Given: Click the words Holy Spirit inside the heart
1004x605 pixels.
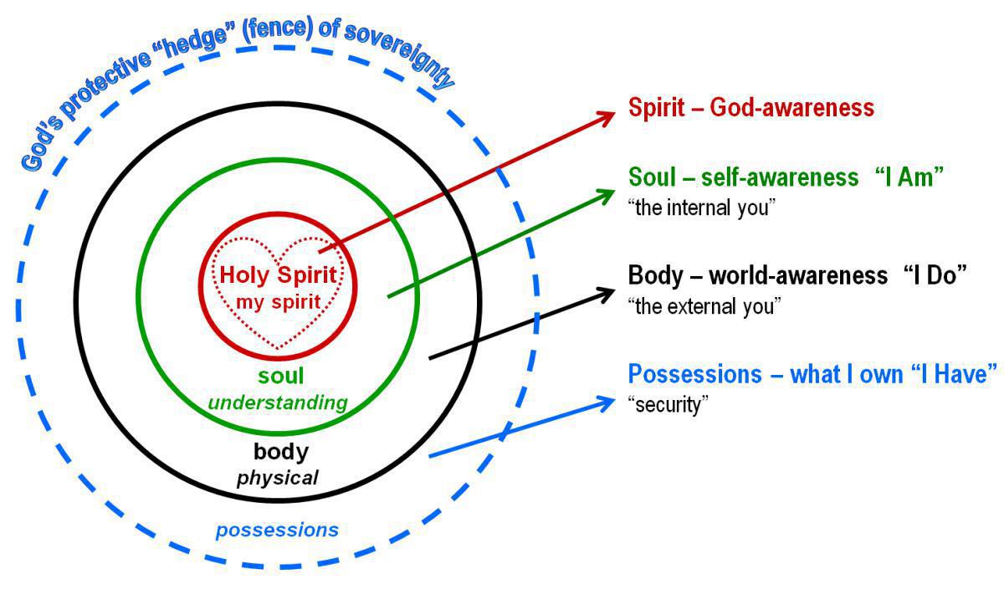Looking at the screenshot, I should (278, 274).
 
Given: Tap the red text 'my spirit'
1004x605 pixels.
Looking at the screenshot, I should (278, 301).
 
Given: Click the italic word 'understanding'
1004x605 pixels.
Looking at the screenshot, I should (278, 402).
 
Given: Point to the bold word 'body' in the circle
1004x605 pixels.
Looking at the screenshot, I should (281, 452).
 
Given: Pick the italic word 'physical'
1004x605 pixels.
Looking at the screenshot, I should (278, 478).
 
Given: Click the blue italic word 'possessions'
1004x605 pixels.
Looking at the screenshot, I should (277, 530).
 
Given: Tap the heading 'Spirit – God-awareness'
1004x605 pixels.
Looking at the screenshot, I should (750, 108).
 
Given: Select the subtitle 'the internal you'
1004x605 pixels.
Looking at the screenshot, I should (698, 208).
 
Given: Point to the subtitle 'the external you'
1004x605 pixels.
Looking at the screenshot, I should (704, 306).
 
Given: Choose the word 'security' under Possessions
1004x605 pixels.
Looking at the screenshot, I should (668, 405).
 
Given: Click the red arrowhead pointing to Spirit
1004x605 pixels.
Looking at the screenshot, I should (607, 116).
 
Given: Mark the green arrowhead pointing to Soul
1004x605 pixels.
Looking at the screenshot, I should (607, 195).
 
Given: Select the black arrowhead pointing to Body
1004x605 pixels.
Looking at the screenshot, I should (607, 294).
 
